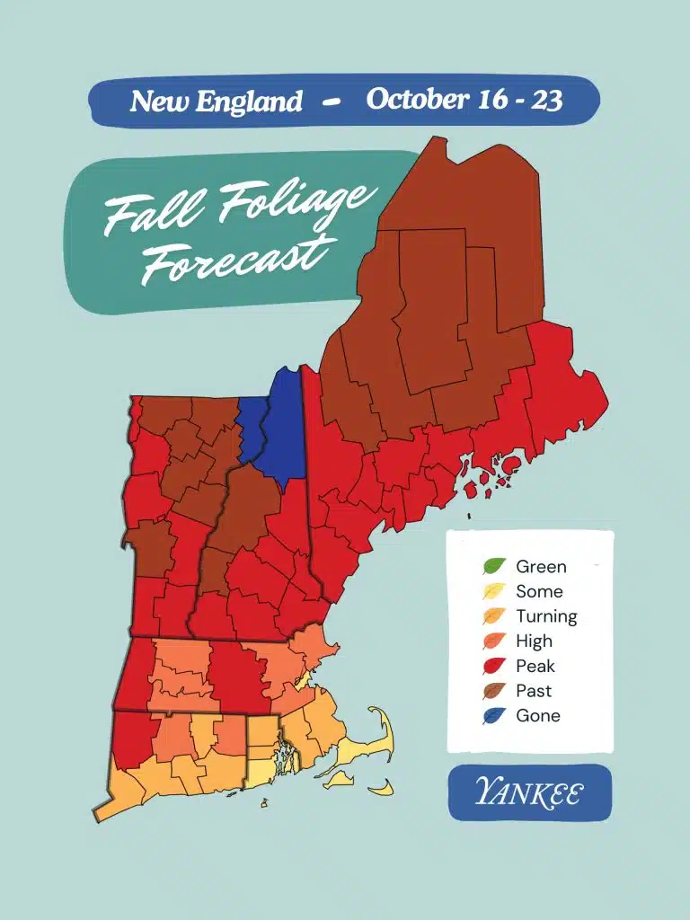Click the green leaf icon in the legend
pos(493,567)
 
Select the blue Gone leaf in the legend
pos(493,716)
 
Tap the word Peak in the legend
pos(535,667)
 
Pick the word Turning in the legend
pos(546,617)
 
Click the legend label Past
pos(534,691)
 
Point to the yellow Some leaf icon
pos(493,592)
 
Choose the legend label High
pos(534,641)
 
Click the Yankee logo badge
pos(529,793)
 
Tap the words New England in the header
pos(216,102)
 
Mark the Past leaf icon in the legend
pos(493,691)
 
